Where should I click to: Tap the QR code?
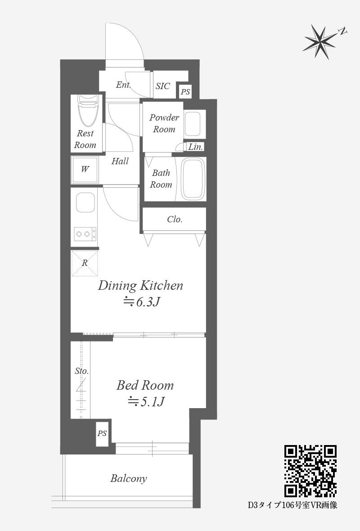(310, 471)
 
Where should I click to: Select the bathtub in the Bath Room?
(193, 179)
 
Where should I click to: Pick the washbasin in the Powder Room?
(193, 124)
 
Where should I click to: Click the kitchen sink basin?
(85, 202)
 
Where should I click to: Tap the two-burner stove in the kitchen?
(85, 234)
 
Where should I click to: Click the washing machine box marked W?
(85, 169)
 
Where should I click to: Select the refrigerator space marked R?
(85, 263)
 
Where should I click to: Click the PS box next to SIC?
(185, 92)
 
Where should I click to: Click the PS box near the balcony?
(102, 434)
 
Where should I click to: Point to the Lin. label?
(196, 147)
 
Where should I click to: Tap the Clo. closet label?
(175, 220)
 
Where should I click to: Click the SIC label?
(163, 86)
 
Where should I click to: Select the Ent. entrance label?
(123, 85)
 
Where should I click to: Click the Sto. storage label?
(81, 371)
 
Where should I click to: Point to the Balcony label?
(129, 478)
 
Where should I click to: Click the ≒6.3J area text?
(141, 302)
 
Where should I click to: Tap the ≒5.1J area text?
(146, 402)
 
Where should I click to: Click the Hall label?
(120, 161)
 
